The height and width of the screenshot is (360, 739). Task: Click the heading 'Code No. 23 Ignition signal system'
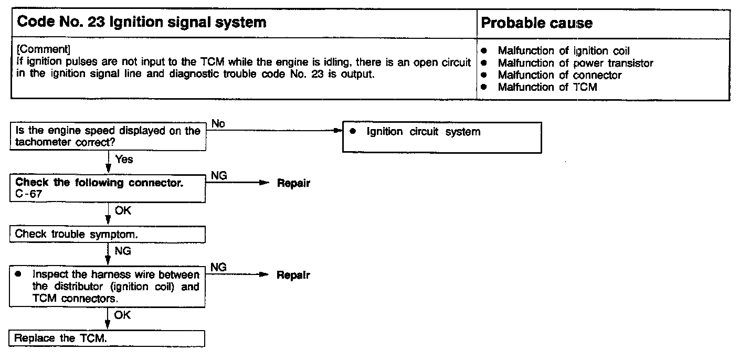(x=142, y=23)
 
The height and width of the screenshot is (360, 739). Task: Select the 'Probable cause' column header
(x=536, y=23)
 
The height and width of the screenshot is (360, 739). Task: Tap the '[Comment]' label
(x=43, y=49)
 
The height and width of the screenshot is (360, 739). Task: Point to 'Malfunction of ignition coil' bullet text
(x=563, y=51)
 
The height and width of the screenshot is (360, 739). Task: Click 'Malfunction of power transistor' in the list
(x=575, y=63)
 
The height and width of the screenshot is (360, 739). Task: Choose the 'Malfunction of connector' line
(x=559, y=75)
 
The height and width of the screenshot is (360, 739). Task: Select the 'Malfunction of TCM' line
(x=547, y=87)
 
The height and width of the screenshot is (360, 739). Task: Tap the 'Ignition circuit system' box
(x=441, y=137)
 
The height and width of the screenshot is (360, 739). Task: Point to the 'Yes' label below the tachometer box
(x=124, y=159)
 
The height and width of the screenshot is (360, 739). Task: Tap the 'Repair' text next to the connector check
(x=293, y=184)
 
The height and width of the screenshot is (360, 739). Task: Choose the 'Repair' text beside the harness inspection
(x=293, y=275)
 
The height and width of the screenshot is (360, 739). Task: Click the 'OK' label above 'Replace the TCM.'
(x=122, y=315)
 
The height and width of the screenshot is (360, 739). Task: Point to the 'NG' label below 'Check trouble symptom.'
(x=123, y=251)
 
